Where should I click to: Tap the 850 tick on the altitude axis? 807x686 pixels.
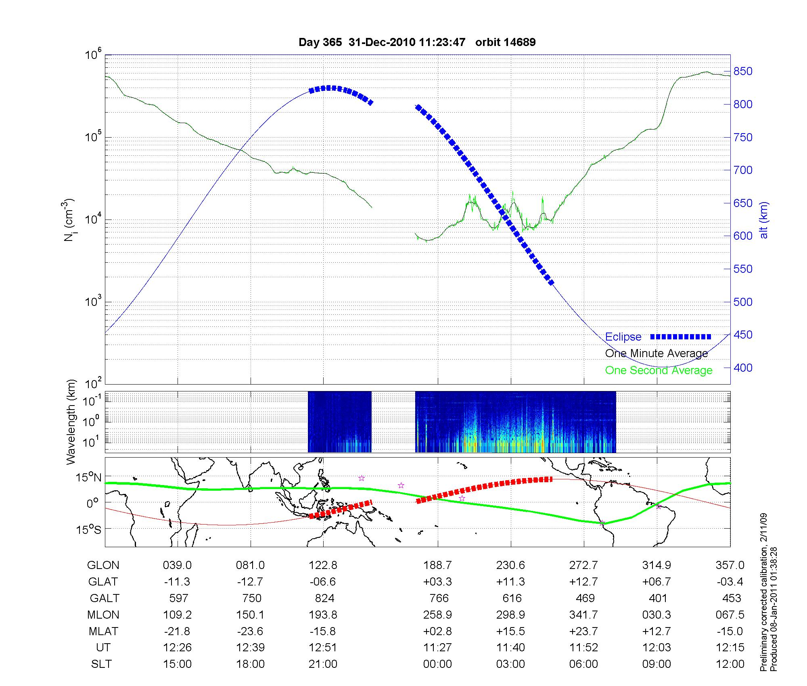pyautogui.click(x=742, y=71)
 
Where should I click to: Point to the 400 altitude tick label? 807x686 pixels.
pyautogui.click(x=742, y=368)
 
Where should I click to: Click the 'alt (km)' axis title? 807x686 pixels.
pyautogui.click(x=764, y=220)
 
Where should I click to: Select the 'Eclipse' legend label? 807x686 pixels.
pyautogui.click(x=623, y=337)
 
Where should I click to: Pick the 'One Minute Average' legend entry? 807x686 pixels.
pyautogui.click(x=656, y=353)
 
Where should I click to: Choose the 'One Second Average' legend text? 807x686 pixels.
pyautogui.click(x=659, y=370)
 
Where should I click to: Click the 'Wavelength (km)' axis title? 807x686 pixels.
pyautogui.click(x=71, y=422)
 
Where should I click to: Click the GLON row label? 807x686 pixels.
pyautogui.click(x=103, y=565)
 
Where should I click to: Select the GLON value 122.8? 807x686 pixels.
pyautogui.click(x=323, y=565)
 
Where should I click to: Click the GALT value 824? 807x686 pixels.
pyautogui.click(x=324, y=598)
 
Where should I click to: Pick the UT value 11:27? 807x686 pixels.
pyautogui.click(x=437, y=648)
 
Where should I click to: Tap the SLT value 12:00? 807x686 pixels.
pyautogui.click(x=730, y=664)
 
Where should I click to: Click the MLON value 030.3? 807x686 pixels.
pyautogui.click(x=656, y=615)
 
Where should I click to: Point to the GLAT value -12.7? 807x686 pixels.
pyautogui.click(x=250, y=582)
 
